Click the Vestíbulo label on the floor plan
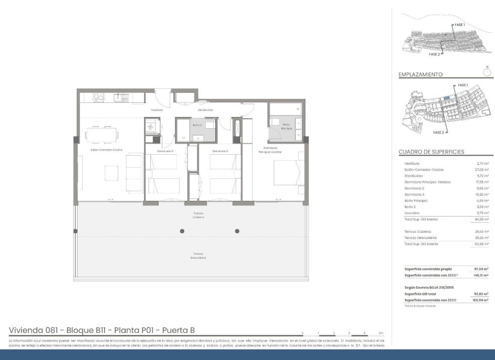156,110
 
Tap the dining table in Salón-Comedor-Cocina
102,135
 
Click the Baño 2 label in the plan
196,125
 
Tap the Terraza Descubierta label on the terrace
197,256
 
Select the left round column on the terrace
182,231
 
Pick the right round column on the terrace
237,231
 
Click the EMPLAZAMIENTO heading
420,74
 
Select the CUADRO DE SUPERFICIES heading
431,152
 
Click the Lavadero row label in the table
412,213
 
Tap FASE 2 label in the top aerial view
434,55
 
